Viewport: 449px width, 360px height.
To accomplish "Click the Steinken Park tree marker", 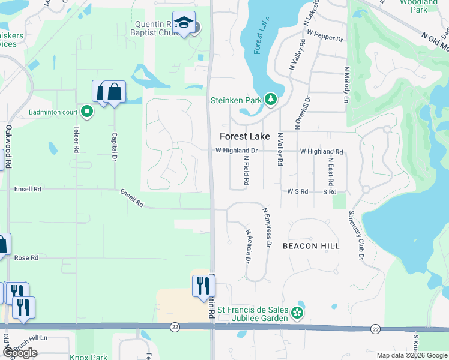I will pos(271,99).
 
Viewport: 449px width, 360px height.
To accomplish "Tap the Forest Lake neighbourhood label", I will pos(244,136).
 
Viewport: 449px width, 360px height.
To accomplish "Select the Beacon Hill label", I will pos(311,246).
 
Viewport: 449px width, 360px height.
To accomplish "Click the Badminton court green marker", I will pos(87,111).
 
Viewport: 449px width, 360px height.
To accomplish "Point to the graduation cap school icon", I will pos(183,23).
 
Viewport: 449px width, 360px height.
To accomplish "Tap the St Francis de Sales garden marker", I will pos(297,312).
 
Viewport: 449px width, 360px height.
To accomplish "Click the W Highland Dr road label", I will pos(236,151).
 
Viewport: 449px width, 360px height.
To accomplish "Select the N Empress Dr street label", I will pos(268,228).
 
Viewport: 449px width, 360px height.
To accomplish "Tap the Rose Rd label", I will pos(26,257).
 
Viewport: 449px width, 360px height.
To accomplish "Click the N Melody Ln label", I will pos(346,85).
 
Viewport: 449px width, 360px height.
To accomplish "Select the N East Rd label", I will pos(331,172).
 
